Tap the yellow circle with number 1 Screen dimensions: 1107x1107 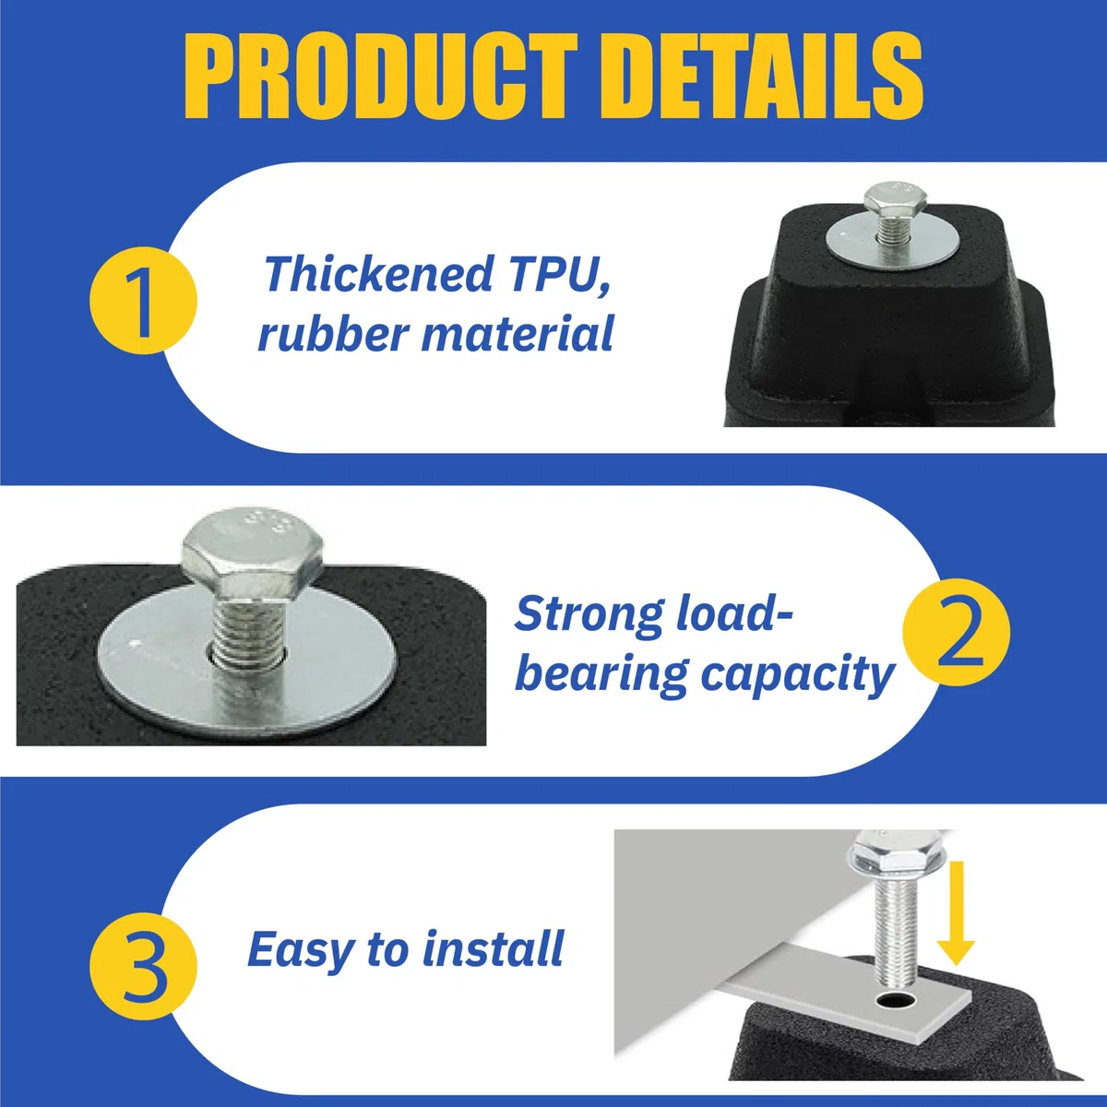click(143, 301)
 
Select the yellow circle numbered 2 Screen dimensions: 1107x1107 click(957, 632)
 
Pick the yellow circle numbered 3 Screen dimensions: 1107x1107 click(143, 966)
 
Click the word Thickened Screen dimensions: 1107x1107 click(378, 274)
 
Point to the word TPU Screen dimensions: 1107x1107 click(560, 275)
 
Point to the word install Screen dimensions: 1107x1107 click(493, 949)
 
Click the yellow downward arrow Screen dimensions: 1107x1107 click(956, 913)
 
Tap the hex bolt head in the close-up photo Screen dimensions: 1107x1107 click(253, 553)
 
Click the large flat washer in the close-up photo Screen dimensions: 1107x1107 click(247, 661)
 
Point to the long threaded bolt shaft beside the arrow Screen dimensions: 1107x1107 click(896, 929)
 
